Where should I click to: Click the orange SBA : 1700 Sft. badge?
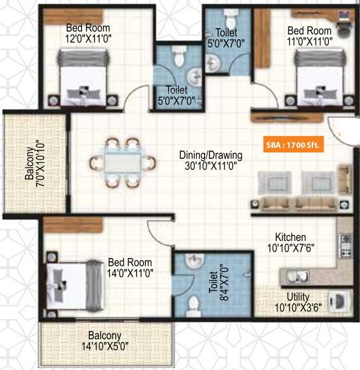pos(294,145)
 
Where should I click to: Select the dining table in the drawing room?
pos(122,162)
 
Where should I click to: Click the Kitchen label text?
pos(290,237)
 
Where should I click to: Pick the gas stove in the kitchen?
pos(346,246)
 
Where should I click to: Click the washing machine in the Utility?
pos(338,301)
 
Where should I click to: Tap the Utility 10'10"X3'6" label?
pos(298,302)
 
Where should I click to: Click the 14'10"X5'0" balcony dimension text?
pos(105,347)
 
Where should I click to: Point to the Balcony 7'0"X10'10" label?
pos(35,164)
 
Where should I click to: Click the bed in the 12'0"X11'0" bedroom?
pos(83,77)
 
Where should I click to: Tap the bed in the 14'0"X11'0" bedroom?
pos(75,286)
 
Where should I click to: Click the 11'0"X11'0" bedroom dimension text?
pos(310,42)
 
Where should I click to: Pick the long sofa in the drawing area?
pos(299,203)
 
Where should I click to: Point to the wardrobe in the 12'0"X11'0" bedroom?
pos(74,16)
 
